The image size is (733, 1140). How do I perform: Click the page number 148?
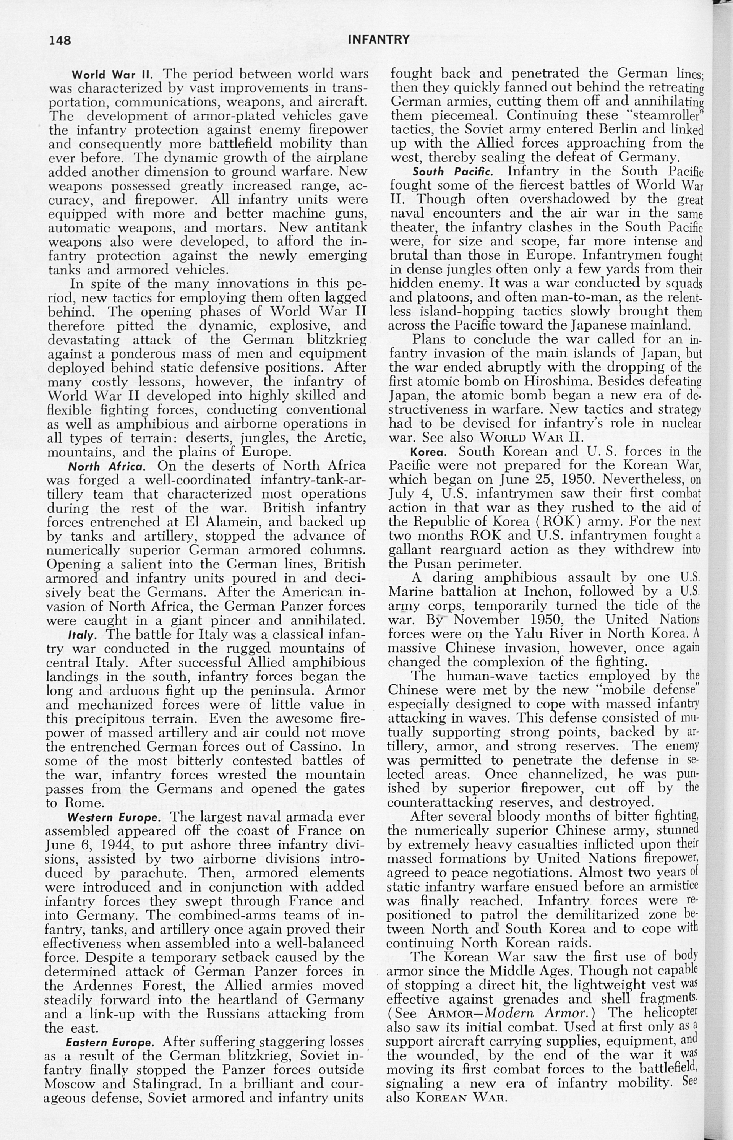60,41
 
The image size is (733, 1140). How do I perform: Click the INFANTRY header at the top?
378,39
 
